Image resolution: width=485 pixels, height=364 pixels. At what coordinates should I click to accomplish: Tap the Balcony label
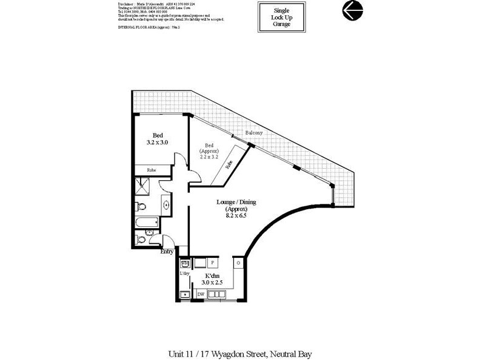[x=253, y=133]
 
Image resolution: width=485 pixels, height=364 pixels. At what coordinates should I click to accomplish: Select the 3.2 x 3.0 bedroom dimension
[x=157, y=142]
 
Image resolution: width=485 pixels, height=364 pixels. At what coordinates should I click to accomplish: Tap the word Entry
[x=167, y=252]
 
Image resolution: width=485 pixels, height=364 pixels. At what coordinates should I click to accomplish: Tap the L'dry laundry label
[x=184, y=274]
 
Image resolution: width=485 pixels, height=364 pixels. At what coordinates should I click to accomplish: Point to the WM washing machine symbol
[x=186, y=262]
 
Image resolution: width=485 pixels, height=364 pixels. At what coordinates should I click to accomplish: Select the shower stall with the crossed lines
[x=141, y=187]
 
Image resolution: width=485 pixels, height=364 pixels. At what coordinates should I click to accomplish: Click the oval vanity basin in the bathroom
[x=166, y=205]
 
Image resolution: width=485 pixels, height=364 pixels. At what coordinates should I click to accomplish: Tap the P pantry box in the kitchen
[x=212, y=263]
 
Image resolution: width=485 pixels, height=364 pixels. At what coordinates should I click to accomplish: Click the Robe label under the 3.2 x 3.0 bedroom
[x=152, y=170]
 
